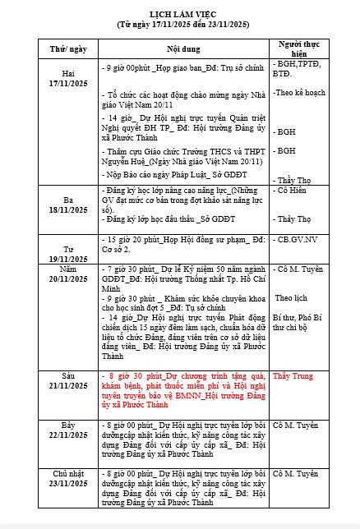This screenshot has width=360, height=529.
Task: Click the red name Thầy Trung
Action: tap(293, 376)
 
